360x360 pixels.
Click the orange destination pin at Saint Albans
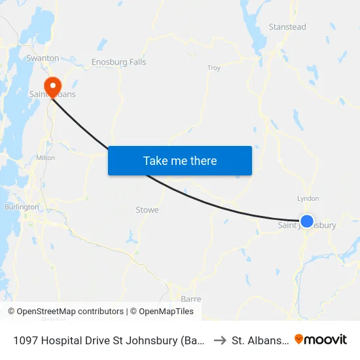pyautogui.click(x=51, y=86)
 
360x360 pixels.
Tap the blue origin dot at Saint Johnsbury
pyautogui.click(x=306, y=221)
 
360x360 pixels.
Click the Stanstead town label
pyautogui.click(x=287, y=27)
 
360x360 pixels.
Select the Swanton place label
pyautogui.click(x=43, y=58)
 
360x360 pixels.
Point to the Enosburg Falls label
pyautogui.click(x=118, y=62)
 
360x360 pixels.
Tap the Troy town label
pyautogui.click(x=214, y=68)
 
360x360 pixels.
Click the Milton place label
pyautogui.click(x=45, y=158)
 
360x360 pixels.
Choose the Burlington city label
pyautogui.click(x=22, y=207)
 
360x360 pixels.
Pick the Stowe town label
pyautogui.click(x=147, y=210)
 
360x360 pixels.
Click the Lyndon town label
pyautogui.click(x=308, y=198)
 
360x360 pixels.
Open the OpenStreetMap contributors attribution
pyautogui.click(x=65, y=312)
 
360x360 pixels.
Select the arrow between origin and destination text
pyautogui.click(x=220, y=340)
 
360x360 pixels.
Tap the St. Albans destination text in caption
pyautogui.click(x=259, y=340)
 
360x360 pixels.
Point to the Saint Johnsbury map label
pyautogui.click(x=307, y=226)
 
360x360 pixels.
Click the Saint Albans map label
pyautogui.click(x=52, y=94)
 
